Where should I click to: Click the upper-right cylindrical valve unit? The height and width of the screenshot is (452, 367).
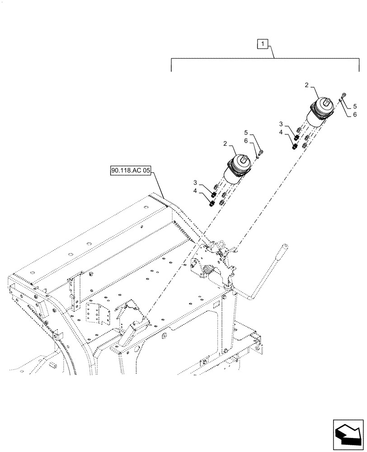click(x=321, y=113)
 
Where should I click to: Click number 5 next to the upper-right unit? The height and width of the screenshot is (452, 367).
click(x=355, y=106)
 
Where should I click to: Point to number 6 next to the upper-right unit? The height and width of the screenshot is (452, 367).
click(x=355, y=114)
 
